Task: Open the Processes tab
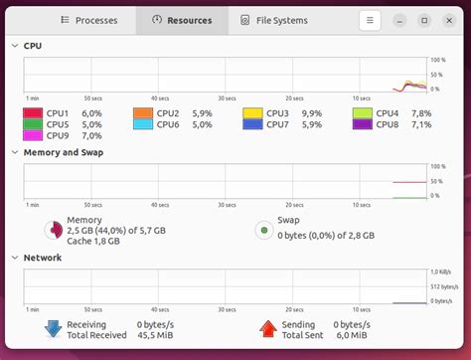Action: (x=89, y=20)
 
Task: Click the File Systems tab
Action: (x=274, y=20)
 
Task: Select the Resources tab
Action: (x=182, y=20)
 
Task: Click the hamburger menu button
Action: (x=370, y=20)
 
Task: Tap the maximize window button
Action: (x=424, y=20)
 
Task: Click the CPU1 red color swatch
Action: (x=33, y=113)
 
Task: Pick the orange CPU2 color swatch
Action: (x=143, y=113)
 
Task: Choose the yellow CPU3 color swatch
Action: (x=252, y=113)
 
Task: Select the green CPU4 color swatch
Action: (x=363, y=113)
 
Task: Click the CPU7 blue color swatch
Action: (x=252, y=124)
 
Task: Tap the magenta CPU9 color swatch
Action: (x=33, y=135)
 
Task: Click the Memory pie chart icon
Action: (x=53, y=230)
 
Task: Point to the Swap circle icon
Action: (x=263, y=230)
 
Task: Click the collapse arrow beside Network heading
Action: (x=14, y=258)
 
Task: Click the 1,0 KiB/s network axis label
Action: (x=441, y=271)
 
